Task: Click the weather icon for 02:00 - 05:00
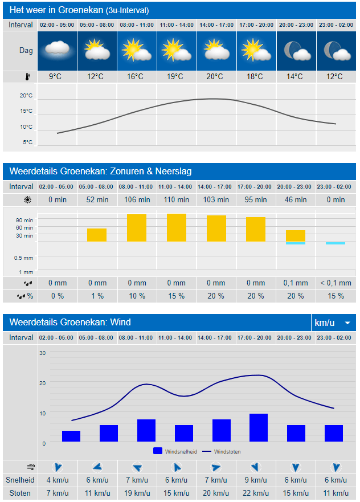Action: click(x=55, y=51)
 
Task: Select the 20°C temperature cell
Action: click(x=215, y=77)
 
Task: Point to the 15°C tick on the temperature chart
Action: click(x=27, y=111)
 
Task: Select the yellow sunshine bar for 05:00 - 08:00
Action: click(x=97, y=235)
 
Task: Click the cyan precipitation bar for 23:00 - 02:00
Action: click(x=335, y=243)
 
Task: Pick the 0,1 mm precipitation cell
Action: click(x=295, y=283)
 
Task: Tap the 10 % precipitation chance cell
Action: click(x=136, y=296)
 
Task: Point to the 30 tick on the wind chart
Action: click(x=42, y=353)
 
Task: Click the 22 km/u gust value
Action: click(x=255, y=493)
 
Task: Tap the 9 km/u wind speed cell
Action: click(x=255, y=480)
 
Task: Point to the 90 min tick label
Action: click(x=25, y=221)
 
